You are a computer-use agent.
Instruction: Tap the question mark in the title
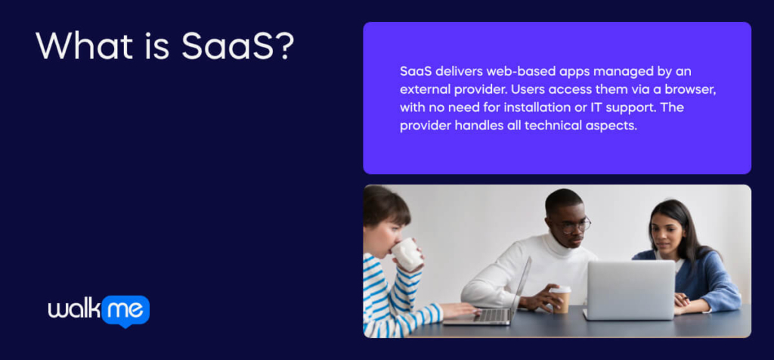pyautogui.click(x=285, y=46)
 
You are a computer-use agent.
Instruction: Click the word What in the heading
pyautogui.click(x=85, y=46)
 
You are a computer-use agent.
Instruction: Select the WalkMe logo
pyautogui.click(x=99, y=311)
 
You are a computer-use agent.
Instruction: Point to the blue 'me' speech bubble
pyautogui.click(x=125, y=311)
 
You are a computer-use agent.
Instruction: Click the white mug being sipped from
pyautogui.click(x=407, y=254)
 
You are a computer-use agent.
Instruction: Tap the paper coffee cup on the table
pyautogui.click(x=560, y=299)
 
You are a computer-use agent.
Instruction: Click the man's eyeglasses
pyautogui.click(x=574, y=225)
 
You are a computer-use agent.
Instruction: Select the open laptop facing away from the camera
pyautogui.click(x=630, y=290)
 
